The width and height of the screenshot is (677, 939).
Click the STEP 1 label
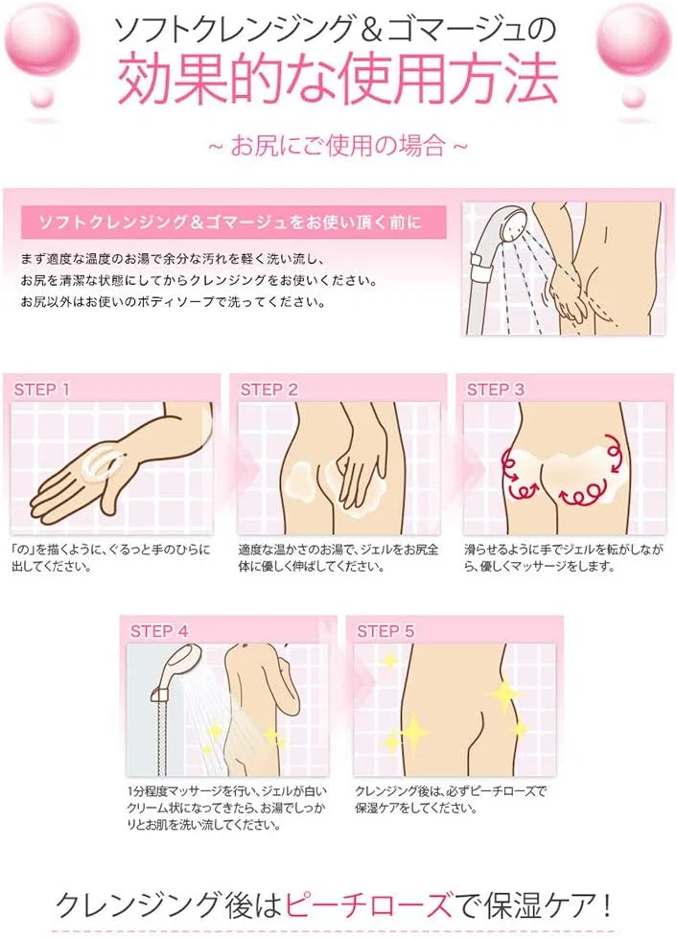click(41, 389)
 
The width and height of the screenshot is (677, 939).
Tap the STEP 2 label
click(268, 389)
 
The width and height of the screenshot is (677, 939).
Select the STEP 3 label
click(495, 389)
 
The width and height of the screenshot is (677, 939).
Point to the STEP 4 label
click(159, 631)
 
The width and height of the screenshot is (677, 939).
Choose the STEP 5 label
click(385, 631)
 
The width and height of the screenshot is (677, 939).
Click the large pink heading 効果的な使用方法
click(338, 81)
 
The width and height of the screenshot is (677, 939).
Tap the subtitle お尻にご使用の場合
click(338, 146)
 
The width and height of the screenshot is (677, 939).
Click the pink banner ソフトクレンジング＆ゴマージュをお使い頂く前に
click(233, 223)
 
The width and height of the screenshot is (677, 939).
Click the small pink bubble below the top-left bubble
click(42, 98)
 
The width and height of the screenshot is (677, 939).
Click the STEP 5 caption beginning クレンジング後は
click(452, 800)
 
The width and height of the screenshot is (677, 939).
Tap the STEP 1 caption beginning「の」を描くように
click(110, 557)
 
